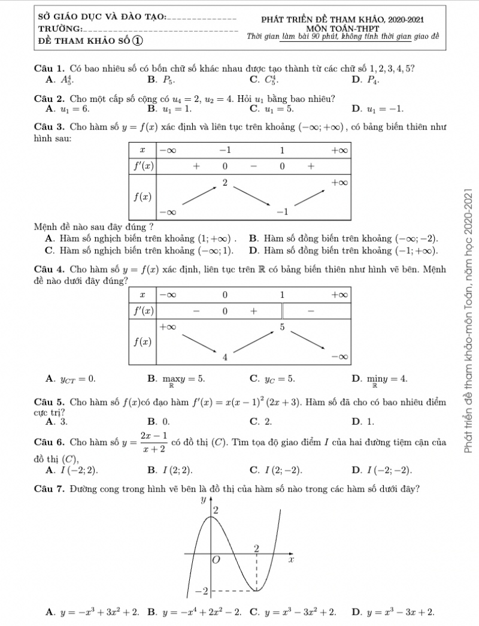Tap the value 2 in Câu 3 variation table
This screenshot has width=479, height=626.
coord(225,182)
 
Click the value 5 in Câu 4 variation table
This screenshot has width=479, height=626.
coord(283,326)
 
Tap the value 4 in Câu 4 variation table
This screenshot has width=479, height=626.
coord(225,358)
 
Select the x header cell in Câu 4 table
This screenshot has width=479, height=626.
coord(142,295)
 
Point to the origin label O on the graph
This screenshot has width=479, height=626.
coord(217,560)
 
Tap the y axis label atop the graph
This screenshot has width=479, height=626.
coord(202,499)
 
